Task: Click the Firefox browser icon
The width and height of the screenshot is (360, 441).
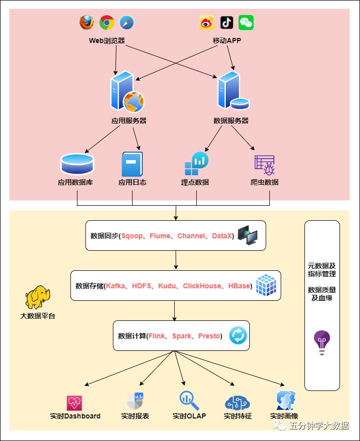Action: click(x=87, y=23)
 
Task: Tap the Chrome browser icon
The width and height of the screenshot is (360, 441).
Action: click(x=107, y=23)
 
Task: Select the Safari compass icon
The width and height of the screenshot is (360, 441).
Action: click(x=127, y=23)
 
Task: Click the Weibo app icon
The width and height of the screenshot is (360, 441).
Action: click(x=207, y=23)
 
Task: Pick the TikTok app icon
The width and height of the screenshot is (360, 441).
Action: click(x=226, y=23)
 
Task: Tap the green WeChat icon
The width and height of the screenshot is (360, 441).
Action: click(x=246, y=23)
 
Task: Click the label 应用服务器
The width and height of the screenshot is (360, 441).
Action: click(x=129, y=121)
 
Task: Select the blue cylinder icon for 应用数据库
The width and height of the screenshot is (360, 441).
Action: click(x=77, y=163)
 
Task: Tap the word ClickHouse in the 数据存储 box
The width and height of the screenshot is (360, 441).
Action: click(x=202, y=286)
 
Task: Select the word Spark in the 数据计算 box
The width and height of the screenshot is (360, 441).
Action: click(x=181, y=336)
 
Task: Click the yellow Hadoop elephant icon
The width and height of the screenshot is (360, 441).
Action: click(x=37, y=298)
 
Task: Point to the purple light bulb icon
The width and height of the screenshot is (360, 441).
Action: click(x=322, y=343)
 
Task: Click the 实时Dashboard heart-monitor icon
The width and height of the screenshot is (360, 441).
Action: click(x=74, y=402)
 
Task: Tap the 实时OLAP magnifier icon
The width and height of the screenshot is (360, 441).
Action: click(x=189, y=401)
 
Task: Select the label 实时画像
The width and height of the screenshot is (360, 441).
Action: click(x=284, y=416)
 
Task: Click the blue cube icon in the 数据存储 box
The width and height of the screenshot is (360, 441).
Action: click(x=266, y=285)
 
